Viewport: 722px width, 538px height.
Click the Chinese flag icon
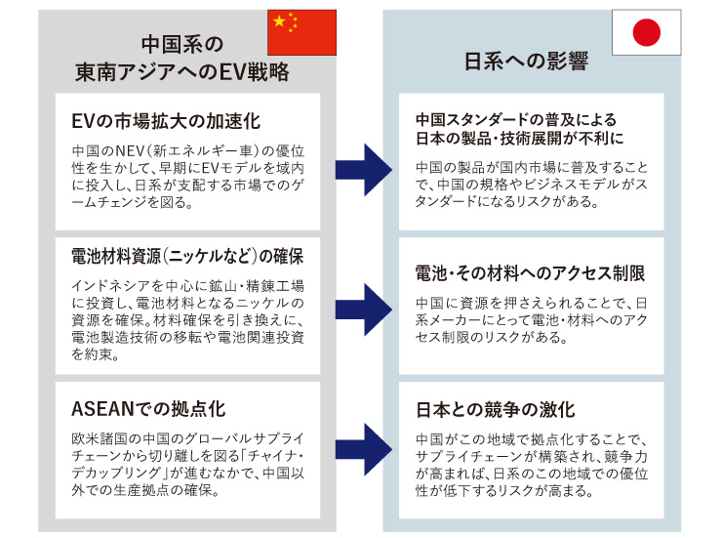[x=301, y=32]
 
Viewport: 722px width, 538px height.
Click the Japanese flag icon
[x=646, y=33]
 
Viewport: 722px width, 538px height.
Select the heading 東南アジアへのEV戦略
[x=182, y=71]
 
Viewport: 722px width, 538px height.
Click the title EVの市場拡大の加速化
[x=165, y=121]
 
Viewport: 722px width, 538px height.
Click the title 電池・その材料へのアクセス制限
[x=530, y=273]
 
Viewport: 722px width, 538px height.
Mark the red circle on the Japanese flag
[x=646, y=33]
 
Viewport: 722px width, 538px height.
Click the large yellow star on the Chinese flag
[x=281, y=23]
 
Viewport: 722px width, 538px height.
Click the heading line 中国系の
[x=182, y=44]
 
